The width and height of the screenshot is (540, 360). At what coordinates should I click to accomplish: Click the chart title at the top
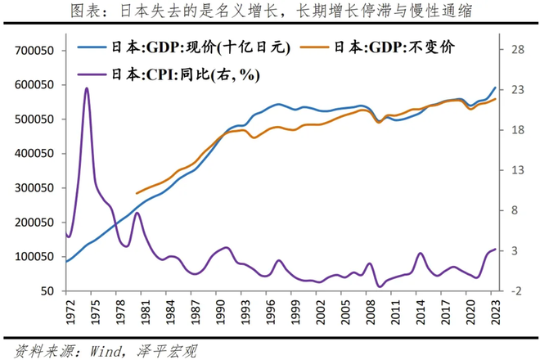point(269,11)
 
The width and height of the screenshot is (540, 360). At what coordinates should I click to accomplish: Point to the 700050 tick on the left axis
point(34,50)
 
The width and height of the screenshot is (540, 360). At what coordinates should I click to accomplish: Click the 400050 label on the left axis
point(34,154)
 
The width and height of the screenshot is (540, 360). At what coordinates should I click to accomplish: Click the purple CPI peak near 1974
point(87,88)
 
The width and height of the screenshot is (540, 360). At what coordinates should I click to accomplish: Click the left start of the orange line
point(137,194)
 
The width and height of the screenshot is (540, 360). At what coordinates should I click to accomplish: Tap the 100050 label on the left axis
point(34,257)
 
